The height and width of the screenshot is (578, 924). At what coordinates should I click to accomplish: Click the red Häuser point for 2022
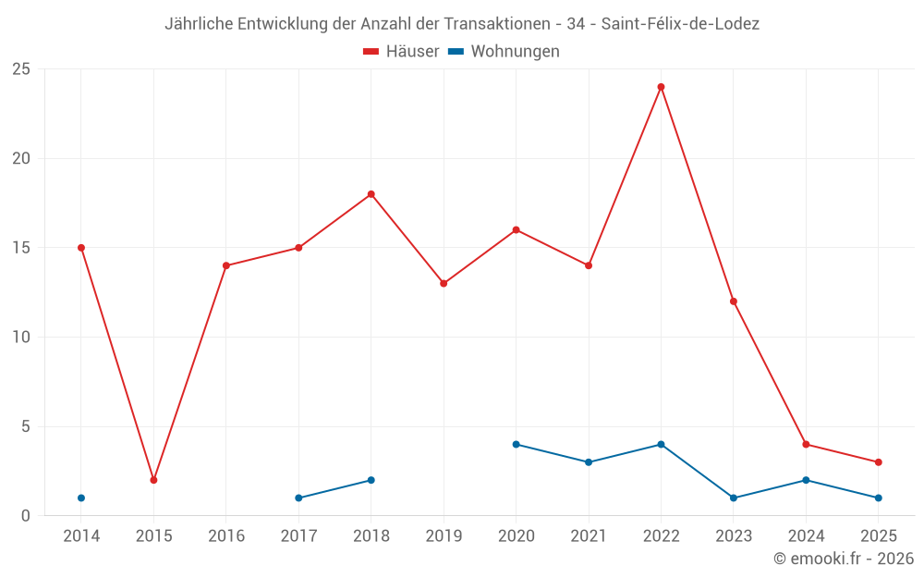point(661,87)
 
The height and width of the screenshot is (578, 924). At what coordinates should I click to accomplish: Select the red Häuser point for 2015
point(153,480)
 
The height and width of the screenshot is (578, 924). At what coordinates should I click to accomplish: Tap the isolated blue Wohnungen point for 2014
point(81,498)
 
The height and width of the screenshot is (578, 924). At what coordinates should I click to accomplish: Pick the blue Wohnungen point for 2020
point(516,444)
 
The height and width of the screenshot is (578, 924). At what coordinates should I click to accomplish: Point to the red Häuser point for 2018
point(371,194)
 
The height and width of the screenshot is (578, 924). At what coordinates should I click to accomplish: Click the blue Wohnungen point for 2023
point(734,498)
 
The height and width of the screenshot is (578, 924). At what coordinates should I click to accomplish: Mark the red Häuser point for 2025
point(878,462)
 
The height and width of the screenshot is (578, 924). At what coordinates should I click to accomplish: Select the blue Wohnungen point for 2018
point(371,480)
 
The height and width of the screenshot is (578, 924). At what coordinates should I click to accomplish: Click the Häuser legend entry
point(401,52)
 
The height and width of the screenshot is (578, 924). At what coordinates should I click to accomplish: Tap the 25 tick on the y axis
point(21,69)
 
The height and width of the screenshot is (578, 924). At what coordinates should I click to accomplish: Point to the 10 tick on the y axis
point(21,338)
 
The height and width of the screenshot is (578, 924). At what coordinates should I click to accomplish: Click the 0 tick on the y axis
point(26,516)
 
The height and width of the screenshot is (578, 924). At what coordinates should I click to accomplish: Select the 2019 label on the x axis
point(444,536)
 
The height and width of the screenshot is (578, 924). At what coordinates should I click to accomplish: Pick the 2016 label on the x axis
point(226,536)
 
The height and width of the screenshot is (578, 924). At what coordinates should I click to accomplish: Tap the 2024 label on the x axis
point(806,536)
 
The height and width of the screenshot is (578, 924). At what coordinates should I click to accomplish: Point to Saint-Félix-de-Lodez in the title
point(680,24)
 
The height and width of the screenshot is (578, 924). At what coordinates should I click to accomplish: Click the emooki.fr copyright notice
point(843,559)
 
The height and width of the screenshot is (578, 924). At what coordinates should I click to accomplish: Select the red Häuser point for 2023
point(734,301)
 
